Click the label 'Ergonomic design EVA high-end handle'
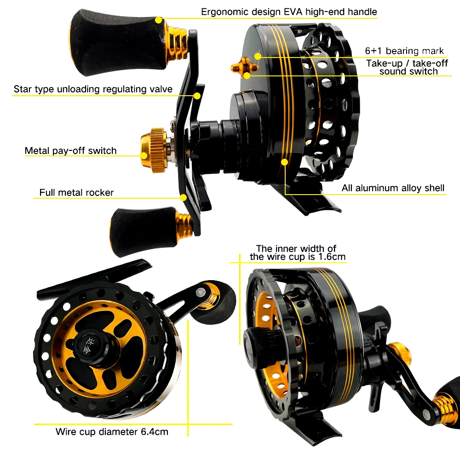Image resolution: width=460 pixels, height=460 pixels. point(289,12)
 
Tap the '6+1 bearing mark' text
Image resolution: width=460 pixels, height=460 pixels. point(404,51)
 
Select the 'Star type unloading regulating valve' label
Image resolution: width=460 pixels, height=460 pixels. point(93,89)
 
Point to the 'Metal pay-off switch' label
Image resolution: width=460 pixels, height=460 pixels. point(70,150)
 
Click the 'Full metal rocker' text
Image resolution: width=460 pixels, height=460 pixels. point(76,192)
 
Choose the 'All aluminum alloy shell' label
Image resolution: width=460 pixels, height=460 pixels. point(393,188)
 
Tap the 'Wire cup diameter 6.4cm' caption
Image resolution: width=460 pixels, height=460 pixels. point(112,431)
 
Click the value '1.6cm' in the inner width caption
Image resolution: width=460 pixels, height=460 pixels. point(332,257)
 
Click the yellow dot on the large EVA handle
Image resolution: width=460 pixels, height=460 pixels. point(158,20)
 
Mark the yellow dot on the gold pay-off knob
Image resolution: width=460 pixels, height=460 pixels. point(144,155)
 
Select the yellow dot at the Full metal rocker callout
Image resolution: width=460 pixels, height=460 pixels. point(184,197)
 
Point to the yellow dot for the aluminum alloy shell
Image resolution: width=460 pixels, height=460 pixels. point(285,162)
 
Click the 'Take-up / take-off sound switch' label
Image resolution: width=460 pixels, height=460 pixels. point(407,67)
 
